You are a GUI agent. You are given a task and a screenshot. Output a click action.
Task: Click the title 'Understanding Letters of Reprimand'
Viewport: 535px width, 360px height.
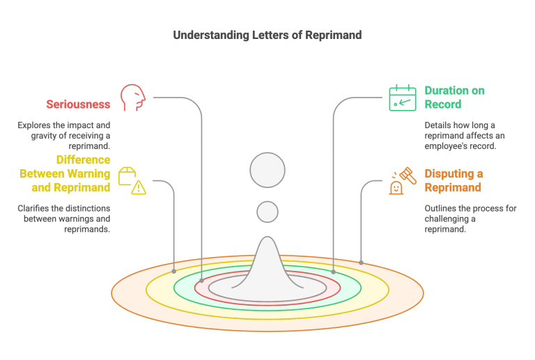(x=267, y=36)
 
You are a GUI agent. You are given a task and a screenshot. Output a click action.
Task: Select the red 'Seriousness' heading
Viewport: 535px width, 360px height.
(x=78, y=104)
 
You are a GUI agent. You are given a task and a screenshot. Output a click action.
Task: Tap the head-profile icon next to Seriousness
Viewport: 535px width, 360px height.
(x=133, y=97)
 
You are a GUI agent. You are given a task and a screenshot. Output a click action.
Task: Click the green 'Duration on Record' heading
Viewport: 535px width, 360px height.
(x=454, y=97)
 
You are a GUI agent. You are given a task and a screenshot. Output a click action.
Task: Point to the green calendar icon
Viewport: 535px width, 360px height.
(x=402, y=97)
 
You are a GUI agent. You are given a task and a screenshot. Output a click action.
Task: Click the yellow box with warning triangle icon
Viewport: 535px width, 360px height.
(x=132, y=180)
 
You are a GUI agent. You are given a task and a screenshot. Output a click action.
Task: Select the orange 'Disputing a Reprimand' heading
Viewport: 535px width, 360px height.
(x=453, y=180)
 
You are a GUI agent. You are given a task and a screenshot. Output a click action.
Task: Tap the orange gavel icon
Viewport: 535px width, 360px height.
(x=402, y=180)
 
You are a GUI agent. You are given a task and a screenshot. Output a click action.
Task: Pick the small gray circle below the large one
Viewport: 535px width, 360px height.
(x=267, y=212)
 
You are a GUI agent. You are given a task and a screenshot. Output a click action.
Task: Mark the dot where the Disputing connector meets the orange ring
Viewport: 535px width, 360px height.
(x=361, y=263)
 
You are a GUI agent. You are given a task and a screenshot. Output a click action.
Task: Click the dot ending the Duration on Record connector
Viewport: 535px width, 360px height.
(x=333, y=272)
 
